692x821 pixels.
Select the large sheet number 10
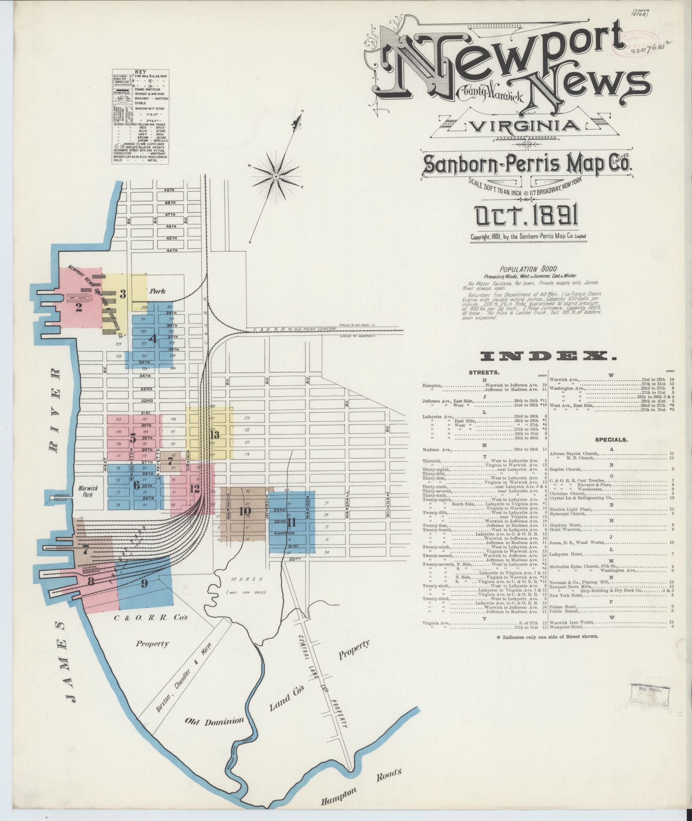coord(245,511)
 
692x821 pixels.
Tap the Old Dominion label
coord(215,721)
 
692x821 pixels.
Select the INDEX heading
coord(543,356)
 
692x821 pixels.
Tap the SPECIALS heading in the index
coord(611,440)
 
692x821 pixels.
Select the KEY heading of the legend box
coord(140,72)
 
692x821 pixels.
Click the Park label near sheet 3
coord(157,291)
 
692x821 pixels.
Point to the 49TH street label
coord(169,190)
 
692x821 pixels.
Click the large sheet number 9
coord(144,583)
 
